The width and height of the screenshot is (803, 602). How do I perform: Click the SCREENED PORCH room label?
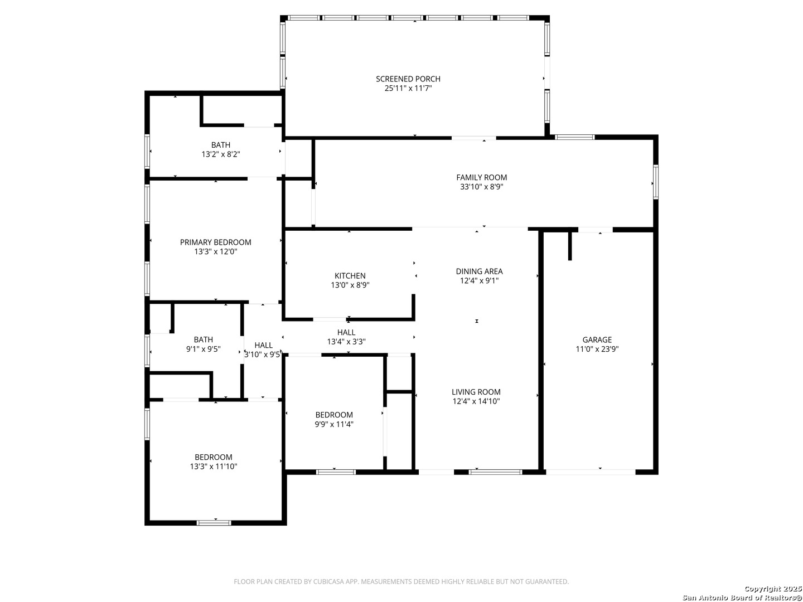(408, 79)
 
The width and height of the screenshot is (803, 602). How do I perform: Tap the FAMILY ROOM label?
(481, 178)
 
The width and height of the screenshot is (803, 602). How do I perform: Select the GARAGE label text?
(597, 340)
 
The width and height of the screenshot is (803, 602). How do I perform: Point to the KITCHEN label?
(350, 276)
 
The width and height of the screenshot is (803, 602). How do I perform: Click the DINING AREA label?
(479, 271)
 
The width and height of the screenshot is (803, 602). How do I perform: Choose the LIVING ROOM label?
(476, 392)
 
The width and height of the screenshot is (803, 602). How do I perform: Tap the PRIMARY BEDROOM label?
(215, 242)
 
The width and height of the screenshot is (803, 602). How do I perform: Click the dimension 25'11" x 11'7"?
(408, 89)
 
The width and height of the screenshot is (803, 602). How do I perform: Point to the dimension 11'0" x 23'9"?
(597, 349)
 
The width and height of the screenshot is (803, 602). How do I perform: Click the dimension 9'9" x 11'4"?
(334, 424)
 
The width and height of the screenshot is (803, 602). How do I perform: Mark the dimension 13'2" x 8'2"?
(221, 154)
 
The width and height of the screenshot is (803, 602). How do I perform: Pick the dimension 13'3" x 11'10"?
(214, 467)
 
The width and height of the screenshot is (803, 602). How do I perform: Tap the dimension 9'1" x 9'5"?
(204, 349)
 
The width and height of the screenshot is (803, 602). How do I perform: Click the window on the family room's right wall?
(656, 182)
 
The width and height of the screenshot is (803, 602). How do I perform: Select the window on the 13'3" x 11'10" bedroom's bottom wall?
(214, 523)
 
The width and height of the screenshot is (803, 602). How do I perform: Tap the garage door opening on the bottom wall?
(591, 472)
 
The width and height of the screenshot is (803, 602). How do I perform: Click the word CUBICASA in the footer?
(328, 581)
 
